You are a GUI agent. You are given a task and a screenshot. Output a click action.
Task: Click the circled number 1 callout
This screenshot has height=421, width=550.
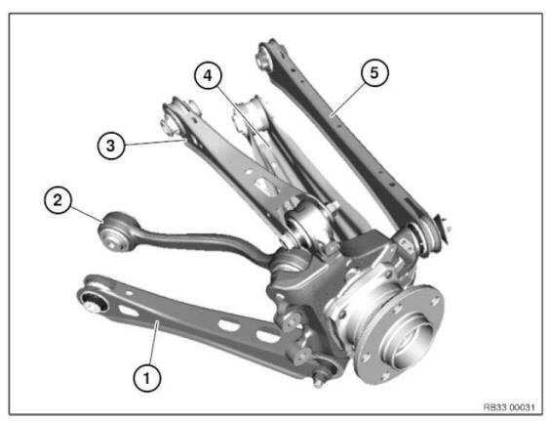[145, 375]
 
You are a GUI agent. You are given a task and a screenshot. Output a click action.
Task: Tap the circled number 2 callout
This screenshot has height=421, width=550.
[59, 200]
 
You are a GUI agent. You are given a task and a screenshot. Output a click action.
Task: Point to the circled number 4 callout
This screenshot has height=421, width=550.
[205, 74]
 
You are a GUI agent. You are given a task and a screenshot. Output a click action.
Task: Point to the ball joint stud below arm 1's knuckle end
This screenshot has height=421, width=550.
[324, 375]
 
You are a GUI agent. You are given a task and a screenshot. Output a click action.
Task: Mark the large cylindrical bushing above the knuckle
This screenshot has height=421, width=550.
[308, 224]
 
